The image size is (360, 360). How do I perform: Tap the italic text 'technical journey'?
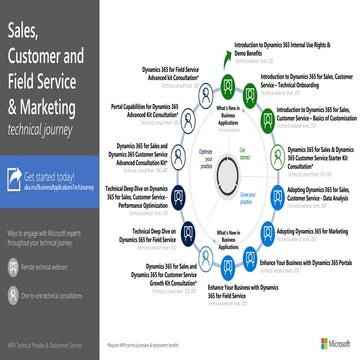tap(46, 129)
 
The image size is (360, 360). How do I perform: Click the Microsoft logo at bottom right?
tap(334, 343)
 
